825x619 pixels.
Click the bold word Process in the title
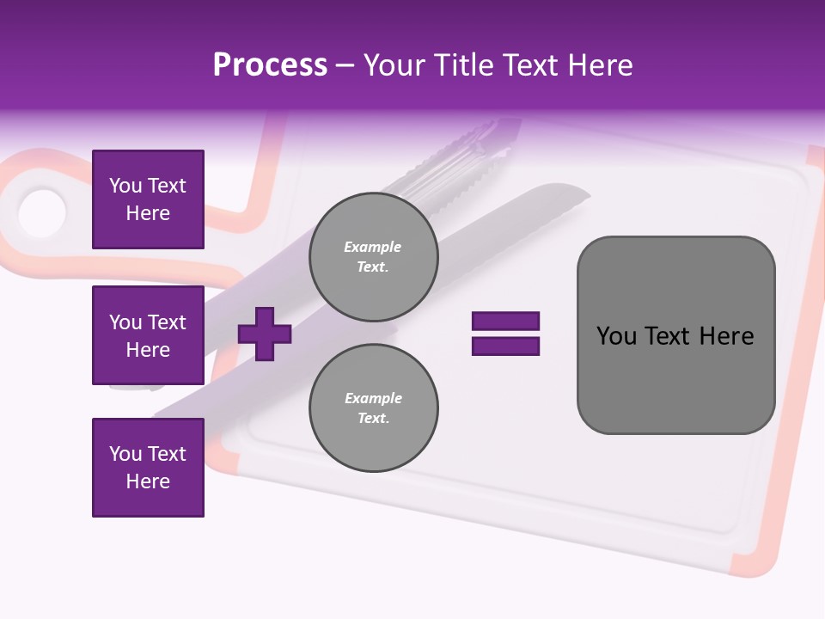[270, 65]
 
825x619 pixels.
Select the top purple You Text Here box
[148, 199]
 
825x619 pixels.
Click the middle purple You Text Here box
[148, 335]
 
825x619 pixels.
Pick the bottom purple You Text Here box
[148, 468]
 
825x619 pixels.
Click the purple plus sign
[265, 334]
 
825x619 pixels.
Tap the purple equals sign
[505, 334]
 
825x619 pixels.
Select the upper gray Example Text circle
[373, 257]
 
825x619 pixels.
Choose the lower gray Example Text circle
[373, 408]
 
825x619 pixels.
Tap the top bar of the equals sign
[505, 321]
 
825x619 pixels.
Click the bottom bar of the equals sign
[505, 346]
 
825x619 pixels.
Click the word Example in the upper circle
[372, 247]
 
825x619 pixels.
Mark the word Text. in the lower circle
[373, 418]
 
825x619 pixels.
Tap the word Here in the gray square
[726, 335]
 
